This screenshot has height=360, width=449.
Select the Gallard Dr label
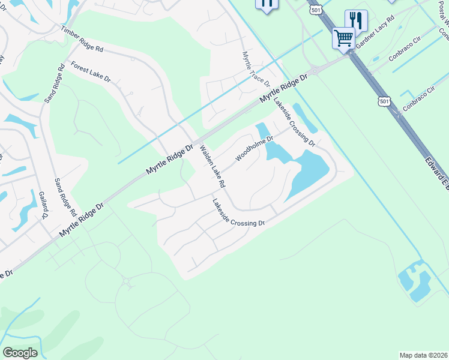pos(43,208)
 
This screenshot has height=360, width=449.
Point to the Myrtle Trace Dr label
pos(256,69)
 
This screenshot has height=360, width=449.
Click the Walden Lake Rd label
pos(212,166)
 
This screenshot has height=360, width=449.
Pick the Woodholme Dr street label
pos(255,148)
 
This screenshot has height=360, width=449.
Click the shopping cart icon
pos(343,37)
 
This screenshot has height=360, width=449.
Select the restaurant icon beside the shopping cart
pos(356,20)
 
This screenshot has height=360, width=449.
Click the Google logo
pos(20,353)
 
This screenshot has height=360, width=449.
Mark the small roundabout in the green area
pos(126,281)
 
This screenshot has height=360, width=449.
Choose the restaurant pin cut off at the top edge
pos(267,4)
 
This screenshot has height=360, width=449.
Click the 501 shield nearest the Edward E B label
pos(385,101)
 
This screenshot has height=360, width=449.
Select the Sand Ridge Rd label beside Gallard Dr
pos(64,197)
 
